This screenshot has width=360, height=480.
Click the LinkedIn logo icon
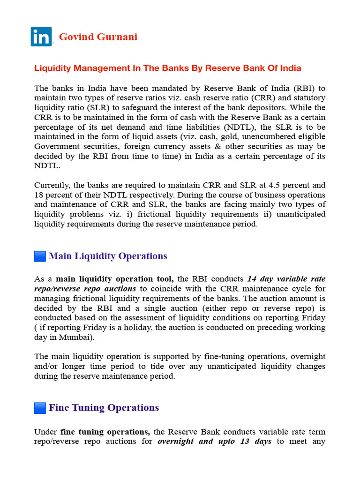click(41, 37)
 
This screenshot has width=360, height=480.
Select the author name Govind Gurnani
click(98, 37)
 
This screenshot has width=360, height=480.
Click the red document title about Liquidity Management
click(167, 68)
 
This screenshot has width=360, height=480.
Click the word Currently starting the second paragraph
click(52, 185)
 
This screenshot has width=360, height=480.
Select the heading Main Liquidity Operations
click(108, 256)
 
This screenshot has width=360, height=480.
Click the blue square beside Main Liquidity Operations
click(40, 256)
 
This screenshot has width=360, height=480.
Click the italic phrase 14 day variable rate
click(286, 279)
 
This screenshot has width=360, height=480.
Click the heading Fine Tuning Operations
click(104, 408)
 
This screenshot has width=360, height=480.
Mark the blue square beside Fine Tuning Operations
click(40, 408)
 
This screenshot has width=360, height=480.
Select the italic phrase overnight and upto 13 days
click(214, 442)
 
